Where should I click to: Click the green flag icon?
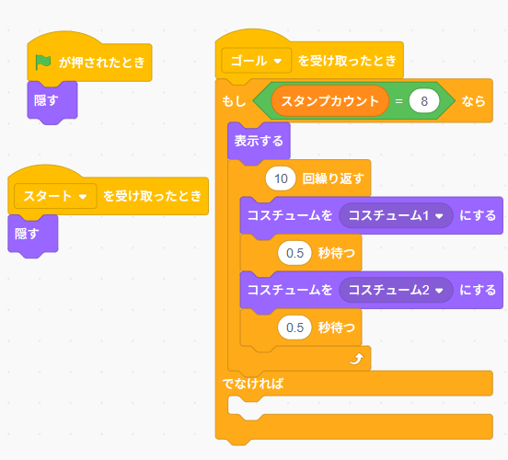click(x=43, y=63)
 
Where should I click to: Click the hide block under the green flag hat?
click(x=47, y=99)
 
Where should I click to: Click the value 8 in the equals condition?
click(x=424, y=101)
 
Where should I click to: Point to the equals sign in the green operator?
click(x=398, y=101)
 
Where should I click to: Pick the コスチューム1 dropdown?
click(x=395, y=215)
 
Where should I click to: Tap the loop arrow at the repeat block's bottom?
click(x=354, y=360)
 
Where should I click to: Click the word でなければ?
click(x=252, y=383)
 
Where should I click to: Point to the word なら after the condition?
click(x=474, y=101)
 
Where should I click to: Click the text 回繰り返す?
click(x=333, y=178)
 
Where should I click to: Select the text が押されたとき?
click(x=102, y=63)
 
